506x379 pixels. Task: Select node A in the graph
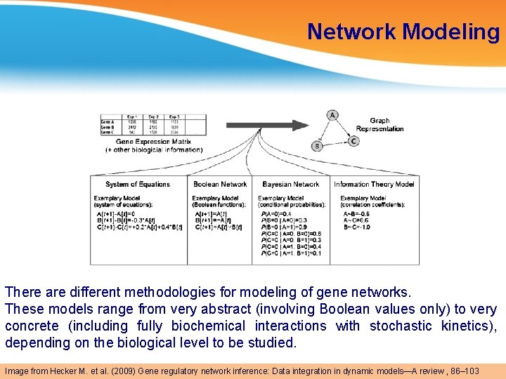332,114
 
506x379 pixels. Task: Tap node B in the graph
317,146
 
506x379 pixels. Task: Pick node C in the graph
353,141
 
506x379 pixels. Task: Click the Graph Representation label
379,125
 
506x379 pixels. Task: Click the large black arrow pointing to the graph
266,126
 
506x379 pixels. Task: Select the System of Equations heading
138,185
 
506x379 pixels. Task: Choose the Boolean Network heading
220,185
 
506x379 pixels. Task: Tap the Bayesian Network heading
290,185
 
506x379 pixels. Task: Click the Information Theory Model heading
374,185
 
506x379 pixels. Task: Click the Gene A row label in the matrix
108,121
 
